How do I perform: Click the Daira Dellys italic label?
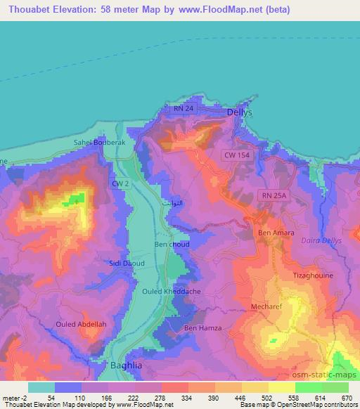[x=321, y=242]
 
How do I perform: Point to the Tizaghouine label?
[x=312, y=277]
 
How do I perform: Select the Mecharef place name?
[x=266, y=306]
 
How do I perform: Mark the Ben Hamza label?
[x=202, y=328]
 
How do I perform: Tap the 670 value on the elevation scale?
[x=345, y=398]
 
